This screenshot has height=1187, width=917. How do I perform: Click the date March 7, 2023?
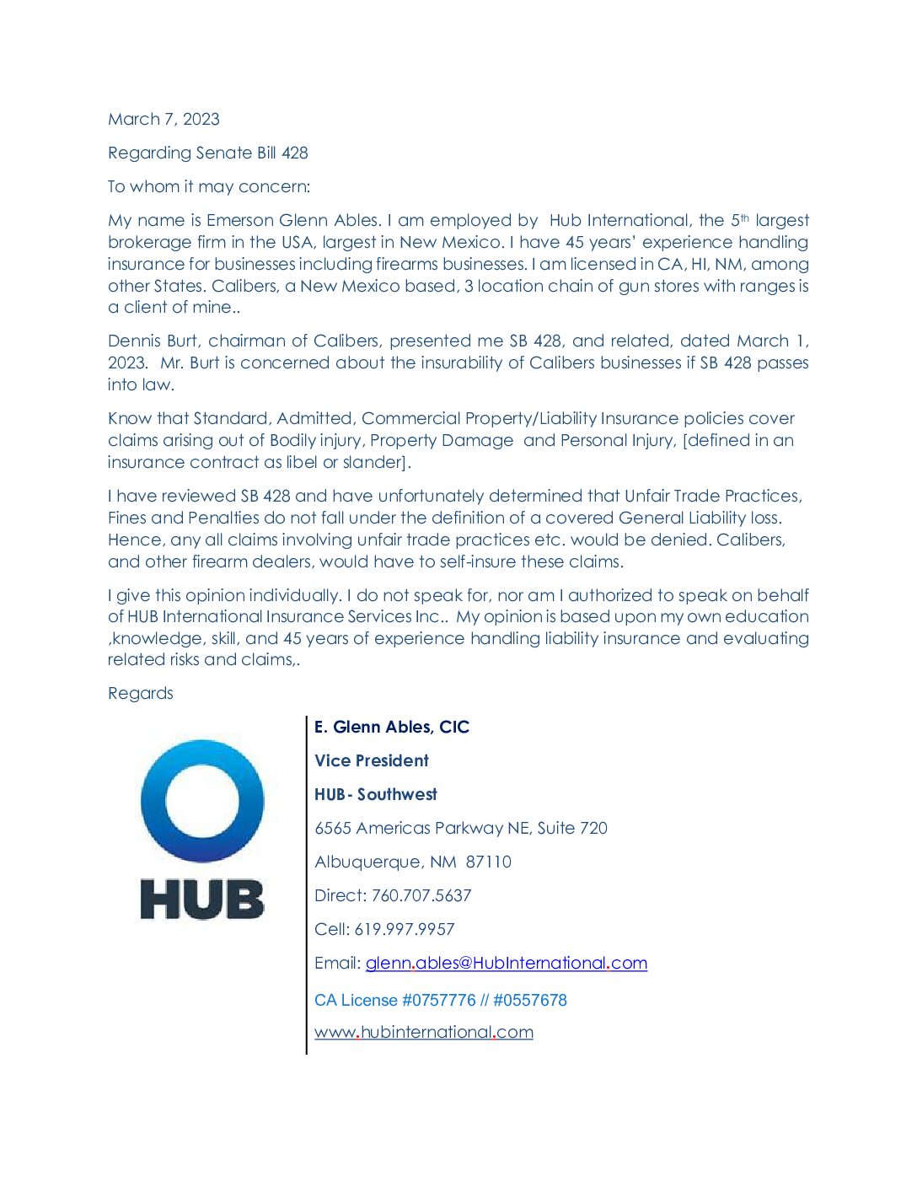164,119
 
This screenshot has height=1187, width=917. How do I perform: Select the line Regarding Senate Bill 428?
207,153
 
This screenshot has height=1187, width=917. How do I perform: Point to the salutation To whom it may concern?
208,186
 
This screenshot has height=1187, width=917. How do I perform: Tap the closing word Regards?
140,693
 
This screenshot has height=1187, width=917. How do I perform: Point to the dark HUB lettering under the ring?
202,899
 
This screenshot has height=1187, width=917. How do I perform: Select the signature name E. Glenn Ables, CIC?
392,727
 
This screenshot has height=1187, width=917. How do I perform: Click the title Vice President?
372,760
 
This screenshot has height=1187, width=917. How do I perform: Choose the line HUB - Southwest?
376,794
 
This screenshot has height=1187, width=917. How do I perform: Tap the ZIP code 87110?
488,862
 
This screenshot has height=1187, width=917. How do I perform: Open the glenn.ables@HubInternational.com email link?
506,963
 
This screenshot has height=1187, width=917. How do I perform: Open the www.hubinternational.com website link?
424,1032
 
